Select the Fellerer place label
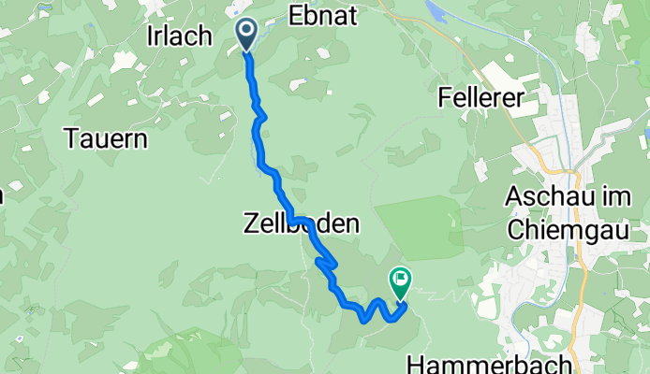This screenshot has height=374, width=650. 480,96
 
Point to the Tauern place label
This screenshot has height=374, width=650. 108,139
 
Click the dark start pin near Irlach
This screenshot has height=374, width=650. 246,34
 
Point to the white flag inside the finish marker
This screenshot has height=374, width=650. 401,277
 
